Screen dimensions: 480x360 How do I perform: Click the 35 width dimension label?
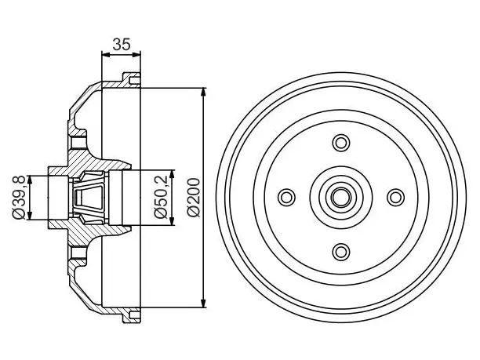[x=122, y=45]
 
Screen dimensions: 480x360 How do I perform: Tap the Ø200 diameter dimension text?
[x=195, y=198]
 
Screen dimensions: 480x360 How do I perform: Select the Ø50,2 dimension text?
[x=161, y=197]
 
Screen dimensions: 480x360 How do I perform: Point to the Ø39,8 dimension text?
[x=19, y=198]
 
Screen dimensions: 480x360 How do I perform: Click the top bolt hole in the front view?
[x=341, y=143]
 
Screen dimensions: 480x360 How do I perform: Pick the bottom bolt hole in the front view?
[x=341, y=252]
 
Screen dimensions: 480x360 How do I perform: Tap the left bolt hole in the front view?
[x=286, y=197]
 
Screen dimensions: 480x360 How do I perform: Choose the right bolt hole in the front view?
[x=395, y=198]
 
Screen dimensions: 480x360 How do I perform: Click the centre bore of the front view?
[x=341, y=198]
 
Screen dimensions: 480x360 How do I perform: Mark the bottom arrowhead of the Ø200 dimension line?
[x=203, y=303]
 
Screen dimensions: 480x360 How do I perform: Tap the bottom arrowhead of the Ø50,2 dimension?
[x=172, y=220]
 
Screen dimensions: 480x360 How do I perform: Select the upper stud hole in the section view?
[x=78, y=143]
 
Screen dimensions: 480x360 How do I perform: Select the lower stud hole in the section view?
[x=78, y=253]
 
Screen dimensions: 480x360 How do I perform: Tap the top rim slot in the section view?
[x=135, y=81]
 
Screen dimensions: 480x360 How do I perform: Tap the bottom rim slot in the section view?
[x=135, y=315]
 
